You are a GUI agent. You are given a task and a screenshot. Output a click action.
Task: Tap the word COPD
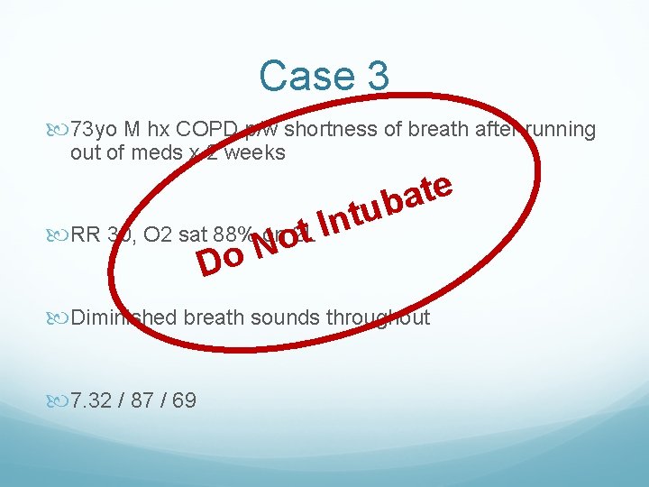point(193,130)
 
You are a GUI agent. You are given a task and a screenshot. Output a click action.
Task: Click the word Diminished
point(126,317)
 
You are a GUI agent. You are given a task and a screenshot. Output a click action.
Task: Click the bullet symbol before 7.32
point(61,400)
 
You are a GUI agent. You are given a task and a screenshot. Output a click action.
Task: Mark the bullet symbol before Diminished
point(61,318)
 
